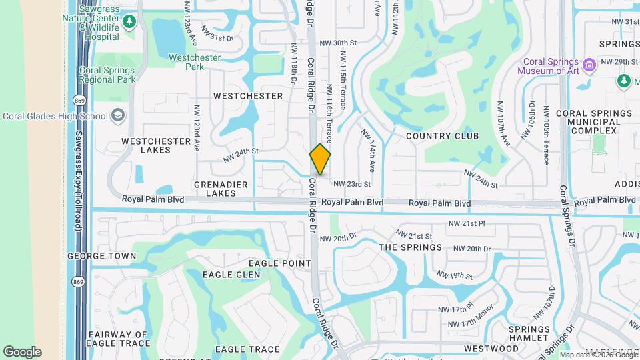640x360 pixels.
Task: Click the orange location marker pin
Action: pyautogui.click(x=320, y=159)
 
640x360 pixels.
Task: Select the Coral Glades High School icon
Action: pyautogui.click(x=118, y=116)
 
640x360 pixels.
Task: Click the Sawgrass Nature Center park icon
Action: pyautogui.click(x=129, y=22)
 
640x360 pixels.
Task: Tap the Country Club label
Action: pyautogui.click(x=442, y=136)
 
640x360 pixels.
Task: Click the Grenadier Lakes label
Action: pyautogui.click(x=221, y=189)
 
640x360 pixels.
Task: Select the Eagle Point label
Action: pyautogui.click(x=285, y=263)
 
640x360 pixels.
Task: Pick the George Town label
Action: pyautogui.click(x=101, y=256)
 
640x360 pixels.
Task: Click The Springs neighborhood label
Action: pyautogui.click(x=410, y=247)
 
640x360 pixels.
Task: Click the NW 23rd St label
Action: pyautogui.click(x=351, y=183)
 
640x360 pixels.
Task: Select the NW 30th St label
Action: pyautogui.click(x=339, y=42)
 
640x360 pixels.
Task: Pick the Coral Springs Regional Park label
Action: pyautogui.click(x=107, y=75)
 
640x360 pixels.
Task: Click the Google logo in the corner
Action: pyautogui.click(x=22, y=351)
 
